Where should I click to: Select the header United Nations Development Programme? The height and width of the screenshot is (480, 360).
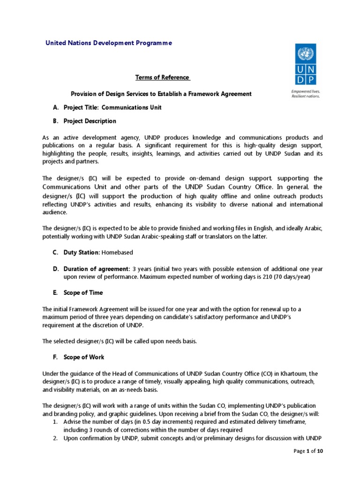[x=108, y=43]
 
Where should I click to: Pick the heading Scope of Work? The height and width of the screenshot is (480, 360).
[x=84, y=357]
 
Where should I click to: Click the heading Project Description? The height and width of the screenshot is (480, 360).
[x=90, y=121]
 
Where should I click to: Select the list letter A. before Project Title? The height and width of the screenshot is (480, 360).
[x=55, y=107]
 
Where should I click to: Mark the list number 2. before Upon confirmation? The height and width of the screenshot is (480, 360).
[x=55, y=438]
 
